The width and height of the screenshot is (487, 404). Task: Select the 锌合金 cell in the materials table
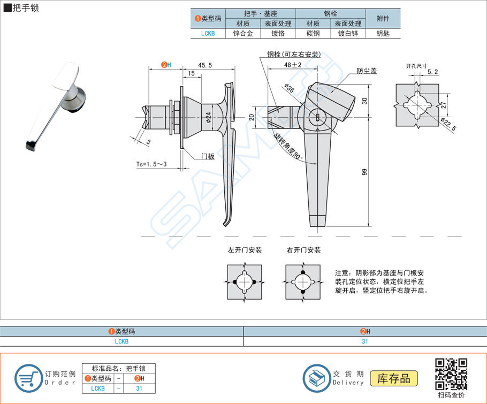pyautogui.click(x=242, y=33)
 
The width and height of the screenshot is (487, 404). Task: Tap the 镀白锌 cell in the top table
pyautogui.click(x=348, y=33)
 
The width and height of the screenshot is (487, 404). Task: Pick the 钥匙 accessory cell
pyautogui.click(x=383, y=33)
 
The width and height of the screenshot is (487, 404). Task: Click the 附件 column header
pyautogui.click(x=383, y=19)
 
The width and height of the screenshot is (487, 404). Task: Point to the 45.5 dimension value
pyautogui.click(x=205, y=65)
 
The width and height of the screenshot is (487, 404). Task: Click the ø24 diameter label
pyautogui.click(x=208, y=120)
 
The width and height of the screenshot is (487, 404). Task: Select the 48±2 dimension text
pyautogui.click(x=293, y=65)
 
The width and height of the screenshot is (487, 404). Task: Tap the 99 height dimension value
pyautogui.click(x=364, y=172)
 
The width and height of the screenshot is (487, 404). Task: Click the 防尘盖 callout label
pyautogui.click(x=367, y=71)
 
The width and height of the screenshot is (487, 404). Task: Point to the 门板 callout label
pyautogui.click(x=208, y=156)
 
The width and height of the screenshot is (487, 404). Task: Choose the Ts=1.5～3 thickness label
pyautogui.click(x=151, y=164)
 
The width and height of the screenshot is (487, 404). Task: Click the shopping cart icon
pyautogui.click(x=28, y=378)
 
